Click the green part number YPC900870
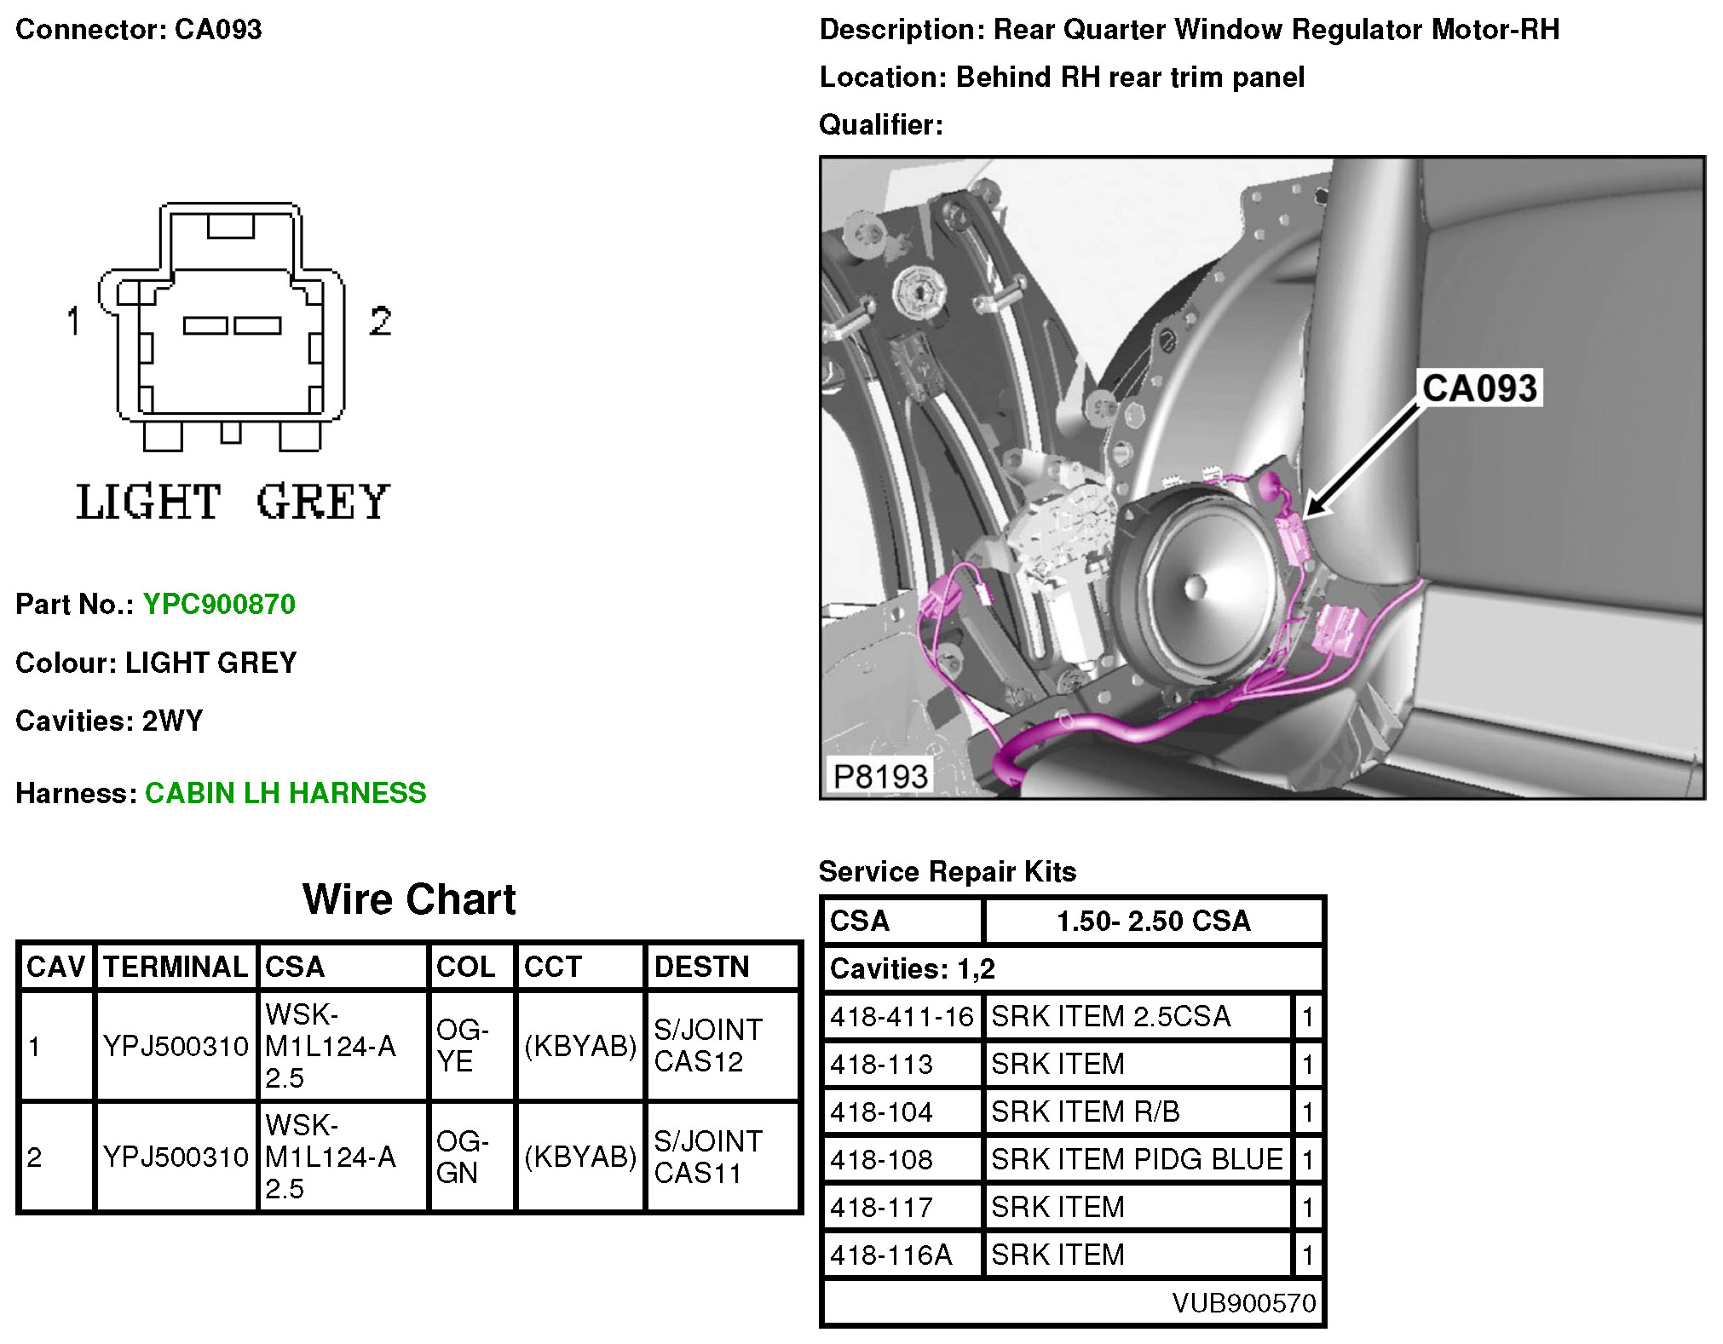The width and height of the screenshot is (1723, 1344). click(219, 604)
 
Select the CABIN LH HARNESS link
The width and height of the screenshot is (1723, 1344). click(285, 793)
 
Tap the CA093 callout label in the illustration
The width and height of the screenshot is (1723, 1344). click(1479, 388)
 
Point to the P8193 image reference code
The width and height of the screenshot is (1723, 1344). click(879, 776)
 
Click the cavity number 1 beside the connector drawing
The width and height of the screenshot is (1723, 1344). click(74, 321)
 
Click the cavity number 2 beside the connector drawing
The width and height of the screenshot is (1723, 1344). click(380, 321)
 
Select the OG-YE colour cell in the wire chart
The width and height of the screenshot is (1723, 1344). click(463, 1045)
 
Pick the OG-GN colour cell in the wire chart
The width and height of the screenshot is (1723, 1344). click(463, 1157)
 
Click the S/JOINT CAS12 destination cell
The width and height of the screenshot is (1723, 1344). click(708, 1045)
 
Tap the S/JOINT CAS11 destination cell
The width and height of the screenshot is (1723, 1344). click(708, 1157)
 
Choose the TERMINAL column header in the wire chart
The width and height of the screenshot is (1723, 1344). click(176, 967)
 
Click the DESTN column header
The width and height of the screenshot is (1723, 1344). click(701, 967)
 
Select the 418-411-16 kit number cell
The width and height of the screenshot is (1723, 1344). click(902, 1016)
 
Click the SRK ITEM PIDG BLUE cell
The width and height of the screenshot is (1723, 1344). click(1137, 1159)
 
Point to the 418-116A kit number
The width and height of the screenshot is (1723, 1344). click(891, 1255)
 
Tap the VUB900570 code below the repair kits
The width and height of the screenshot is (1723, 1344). click(1243, 1302)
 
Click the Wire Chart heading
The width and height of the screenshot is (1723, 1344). click(409, 899)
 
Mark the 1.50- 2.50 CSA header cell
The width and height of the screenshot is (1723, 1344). click(1153, 921)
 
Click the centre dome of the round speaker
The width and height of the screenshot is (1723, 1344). click(1195, 586)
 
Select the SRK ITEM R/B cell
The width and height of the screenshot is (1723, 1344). click(1086, 1111)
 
